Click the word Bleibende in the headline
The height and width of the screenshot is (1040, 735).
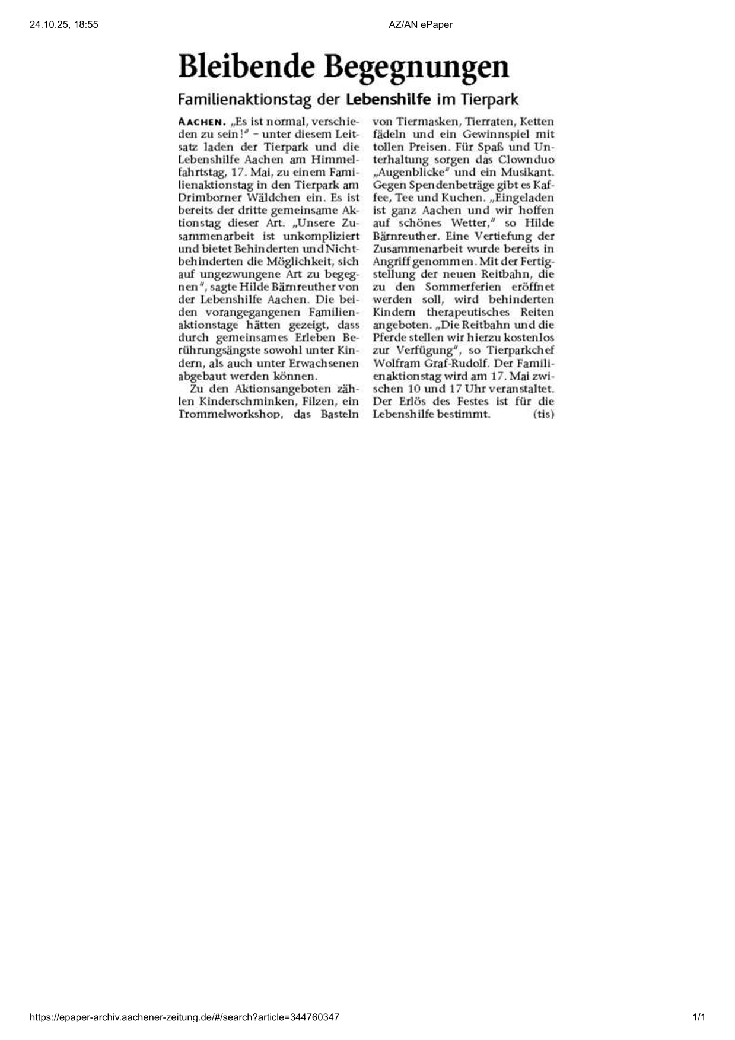pyautogui.click(x=248, y=66)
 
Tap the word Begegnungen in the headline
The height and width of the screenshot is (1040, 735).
pyautogui.click(x=418, y=68)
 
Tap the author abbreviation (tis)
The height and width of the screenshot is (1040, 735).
pyautogui.click(x=543, y=414)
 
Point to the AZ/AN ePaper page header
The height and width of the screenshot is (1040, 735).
pyautogui.click(x=420, y=24)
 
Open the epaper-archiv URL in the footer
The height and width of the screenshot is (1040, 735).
pyautogui.click(x=184, y=1017)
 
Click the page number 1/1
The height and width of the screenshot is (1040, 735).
pyautogui.click(x=699, y=1017)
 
